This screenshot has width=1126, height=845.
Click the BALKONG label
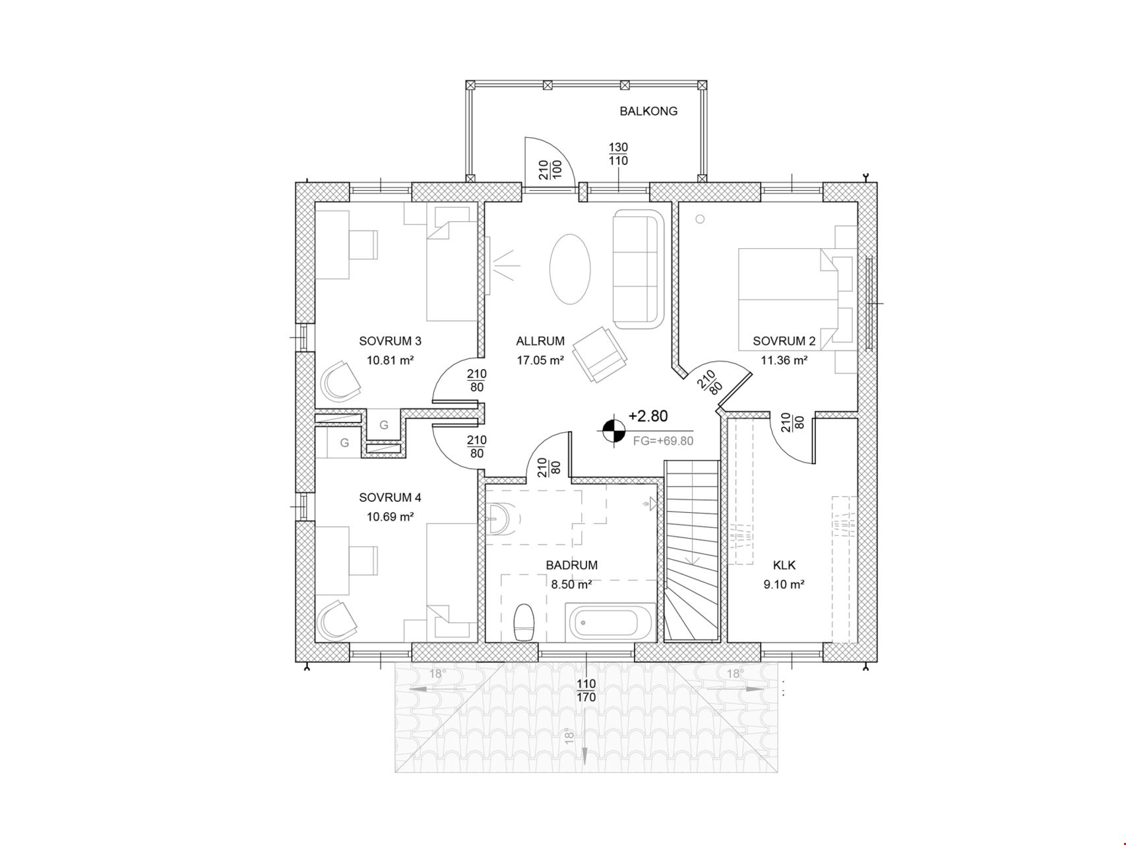(x=648, y=112)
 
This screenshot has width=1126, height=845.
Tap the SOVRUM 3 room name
(x=390, y=341)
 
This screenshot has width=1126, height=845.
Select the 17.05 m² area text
(x=540, y=360)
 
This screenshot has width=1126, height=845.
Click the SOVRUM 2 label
(x=784, y=341)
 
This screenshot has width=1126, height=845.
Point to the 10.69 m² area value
(x=390, y=517)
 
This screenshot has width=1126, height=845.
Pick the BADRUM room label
(x=572, y=565)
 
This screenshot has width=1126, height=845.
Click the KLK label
(x=784, y=565)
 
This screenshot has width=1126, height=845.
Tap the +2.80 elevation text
(x=648, y=416)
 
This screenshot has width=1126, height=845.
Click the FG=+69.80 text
(x=663, y=441)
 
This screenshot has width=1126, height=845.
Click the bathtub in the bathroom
(x=613, y=622)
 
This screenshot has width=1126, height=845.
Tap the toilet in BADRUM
(x=524, y=622)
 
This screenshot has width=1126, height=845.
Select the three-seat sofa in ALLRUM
(x=637, y=269)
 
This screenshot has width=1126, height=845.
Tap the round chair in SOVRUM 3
(x=341, y=380)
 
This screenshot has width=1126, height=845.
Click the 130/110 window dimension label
(x=618, y=154)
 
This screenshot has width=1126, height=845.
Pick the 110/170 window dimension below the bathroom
(x=586, y=691)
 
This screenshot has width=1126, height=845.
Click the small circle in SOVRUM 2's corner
(x=700, y=219)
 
